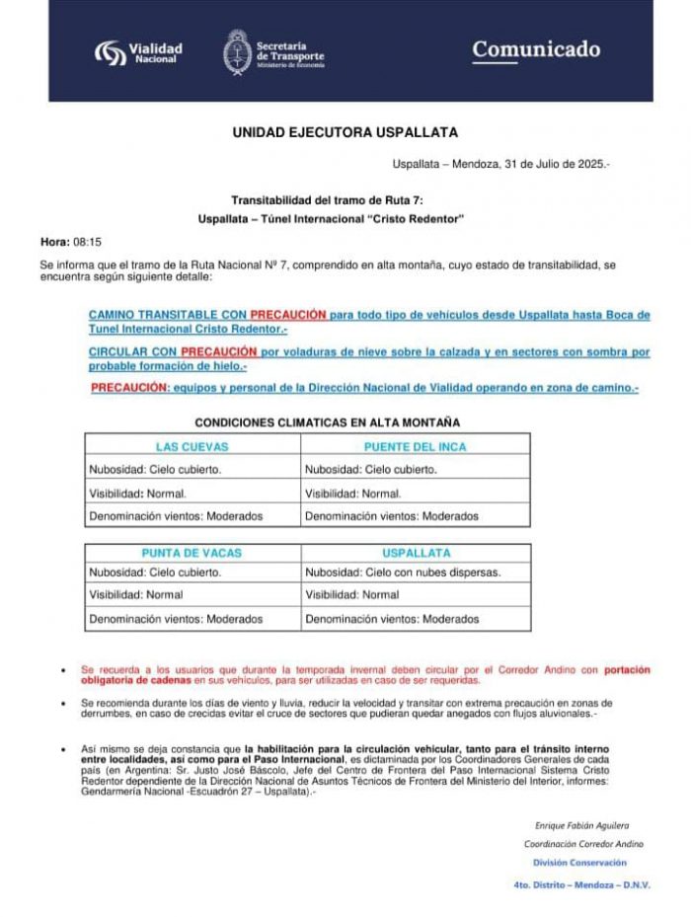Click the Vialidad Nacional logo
click(x=138, y=51)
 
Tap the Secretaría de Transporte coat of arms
click(x=236, y=51)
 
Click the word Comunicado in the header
click(x=535, y=49)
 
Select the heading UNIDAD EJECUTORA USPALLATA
click(x=345, y=131)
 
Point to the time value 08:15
click(x=88, y=241)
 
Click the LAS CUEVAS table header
click(x=192, y=447)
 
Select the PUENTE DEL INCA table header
click(x=415, y=447)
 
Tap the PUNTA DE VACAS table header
click(x=192, y=553)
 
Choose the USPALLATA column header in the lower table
click(x=416, y=553)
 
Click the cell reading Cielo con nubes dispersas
click(x=402, y=572)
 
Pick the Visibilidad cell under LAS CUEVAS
click(x=137, y=493)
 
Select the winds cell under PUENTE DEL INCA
click(x=377, y=515)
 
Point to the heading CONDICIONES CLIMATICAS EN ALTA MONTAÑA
click(x=327, y=422)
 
